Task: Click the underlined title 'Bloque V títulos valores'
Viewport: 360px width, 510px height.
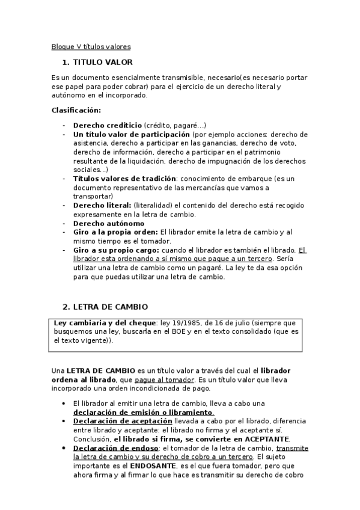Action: click(x=91, y=46)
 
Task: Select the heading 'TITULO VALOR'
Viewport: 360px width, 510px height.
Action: click(x=102, y=62)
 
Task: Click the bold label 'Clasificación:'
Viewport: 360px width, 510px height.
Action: click(x=76, y=110)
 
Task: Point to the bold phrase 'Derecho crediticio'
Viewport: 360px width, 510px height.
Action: click(x=108, y=125)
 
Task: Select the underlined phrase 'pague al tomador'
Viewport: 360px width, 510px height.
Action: click(x=165, y=379)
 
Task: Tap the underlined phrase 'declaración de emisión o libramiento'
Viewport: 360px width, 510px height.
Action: click(x=143, y=413)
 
